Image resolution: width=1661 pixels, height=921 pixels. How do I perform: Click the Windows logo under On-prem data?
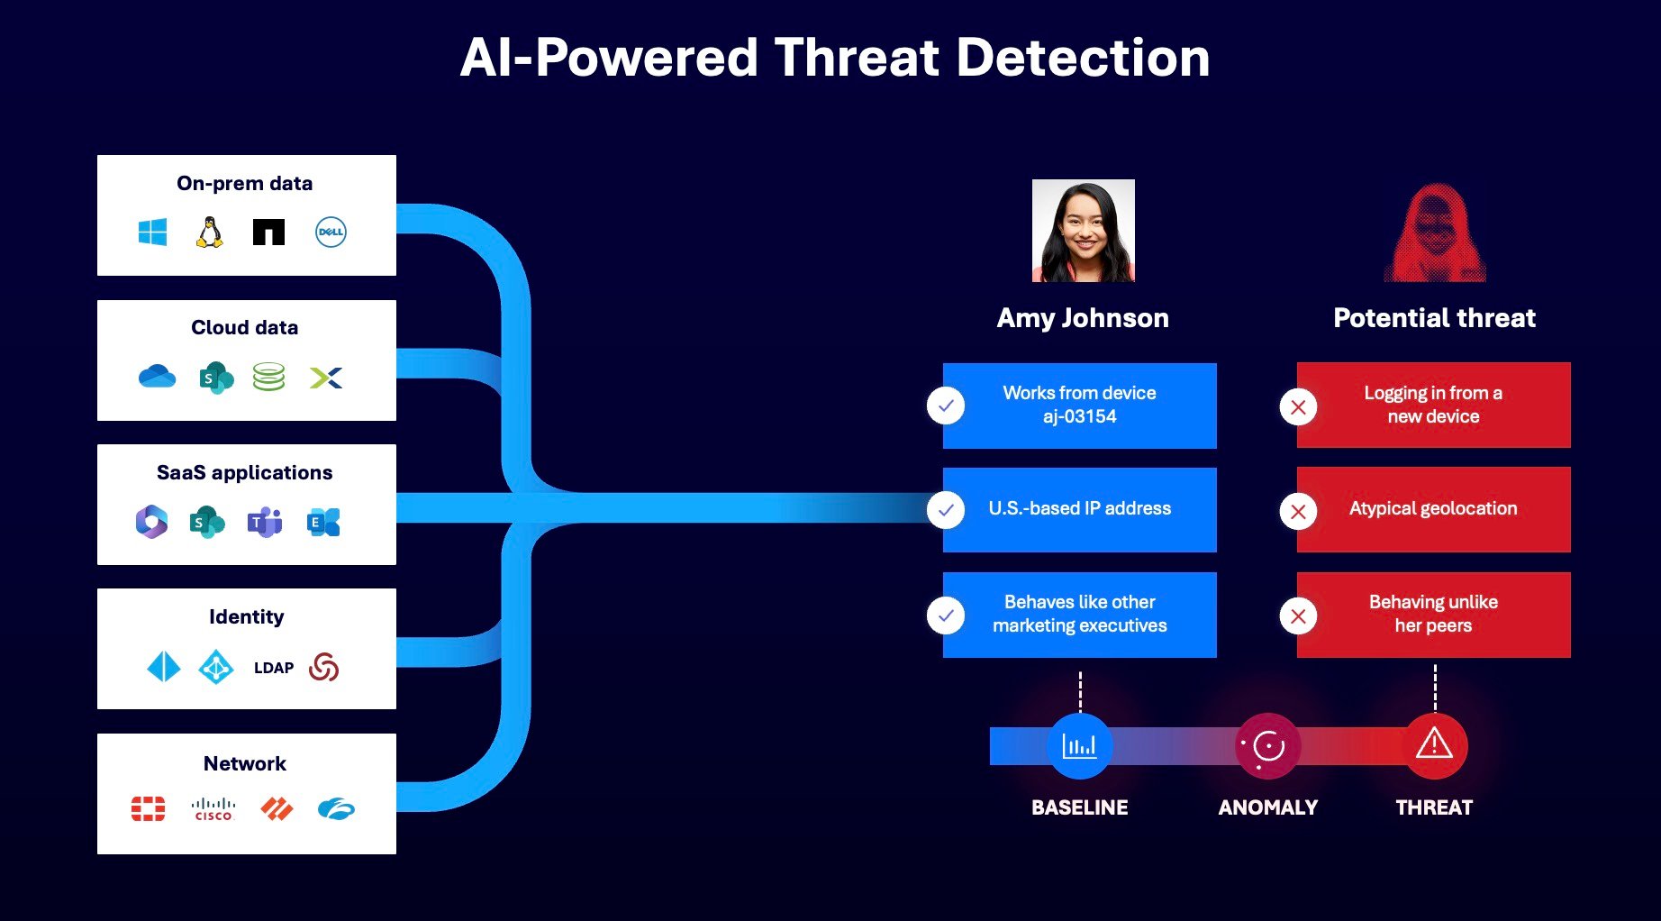(x=152, y=232)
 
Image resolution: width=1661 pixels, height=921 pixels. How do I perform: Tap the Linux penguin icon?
(x=210, y=232)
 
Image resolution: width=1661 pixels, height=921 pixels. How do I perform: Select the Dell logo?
(x=331, y=232)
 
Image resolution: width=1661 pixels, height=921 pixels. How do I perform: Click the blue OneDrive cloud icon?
(x=157, y=376)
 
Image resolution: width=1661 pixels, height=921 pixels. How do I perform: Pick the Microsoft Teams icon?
(x=265, y=522)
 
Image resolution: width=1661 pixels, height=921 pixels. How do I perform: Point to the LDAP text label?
(x=274, y=668)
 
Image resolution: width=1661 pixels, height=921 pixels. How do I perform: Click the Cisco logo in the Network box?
(x=213, y=808)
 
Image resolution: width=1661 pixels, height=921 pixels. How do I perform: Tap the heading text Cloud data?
(x=244, y=327)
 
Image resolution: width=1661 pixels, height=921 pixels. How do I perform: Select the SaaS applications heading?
(x=244, y=472)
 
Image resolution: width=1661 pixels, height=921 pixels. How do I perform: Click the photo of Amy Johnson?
(x=1083, y=231)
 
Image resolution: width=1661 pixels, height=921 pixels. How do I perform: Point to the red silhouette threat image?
(x=1435, y=233)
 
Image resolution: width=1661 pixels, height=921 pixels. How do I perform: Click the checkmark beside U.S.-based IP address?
(x=946, y=510)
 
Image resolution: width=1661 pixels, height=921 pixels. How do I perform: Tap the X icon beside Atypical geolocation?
(x=1298, y=512)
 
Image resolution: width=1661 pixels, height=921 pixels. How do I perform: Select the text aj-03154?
(x=1079, y=416)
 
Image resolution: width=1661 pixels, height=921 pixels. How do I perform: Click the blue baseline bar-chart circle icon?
(x=1079, y=746)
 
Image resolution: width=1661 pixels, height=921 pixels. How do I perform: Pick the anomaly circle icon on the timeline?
(x=1267, y=746)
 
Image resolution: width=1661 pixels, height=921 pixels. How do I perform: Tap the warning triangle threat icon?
(x=1434, y=745)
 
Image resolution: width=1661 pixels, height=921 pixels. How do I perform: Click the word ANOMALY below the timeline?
(x=1267, y=807)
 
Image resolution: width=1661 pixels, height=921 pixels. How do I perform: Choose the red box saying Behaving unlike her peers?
(x=1433, y=615)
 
